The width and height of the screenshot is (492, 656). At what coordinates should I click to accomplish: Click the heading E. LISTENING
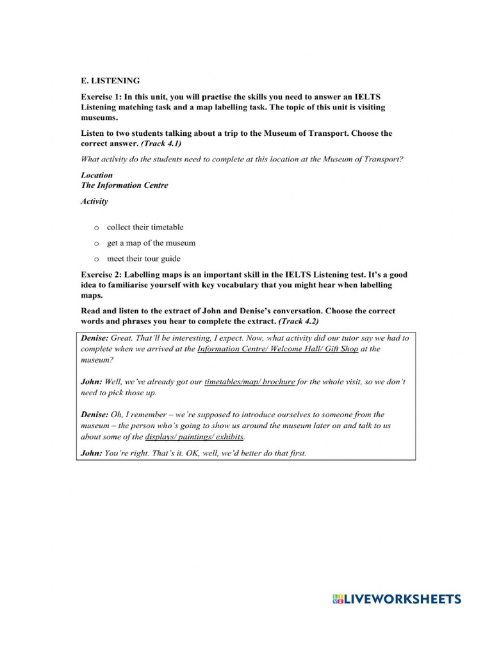[110, 81]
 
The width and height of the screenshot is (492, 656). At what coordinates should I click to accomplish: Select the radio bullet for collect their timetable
[96, 227]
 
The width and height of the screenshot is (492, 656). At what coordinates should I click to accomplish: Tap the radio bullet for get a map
[96, 243]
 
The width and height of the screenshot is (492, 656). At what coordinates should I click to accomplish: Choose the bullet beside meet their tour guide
[96, 259]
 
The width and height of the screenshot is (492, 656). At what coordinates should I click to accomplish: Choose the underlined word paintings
[195, 437]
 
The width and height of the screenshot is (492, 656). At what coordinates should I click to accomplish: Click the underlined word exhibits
[229, 437]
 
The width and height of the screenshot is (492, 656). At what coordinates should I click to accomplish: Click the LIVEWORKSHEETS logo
[397, 600]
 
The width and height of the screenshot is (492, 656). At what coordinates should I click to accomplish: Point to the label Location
[97, 175]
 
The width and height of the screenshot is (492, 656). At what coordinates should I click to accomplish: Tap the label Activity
[95, 201]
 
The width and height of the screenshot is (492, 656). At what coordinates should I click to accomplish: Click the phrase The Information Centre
[124, 185]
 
